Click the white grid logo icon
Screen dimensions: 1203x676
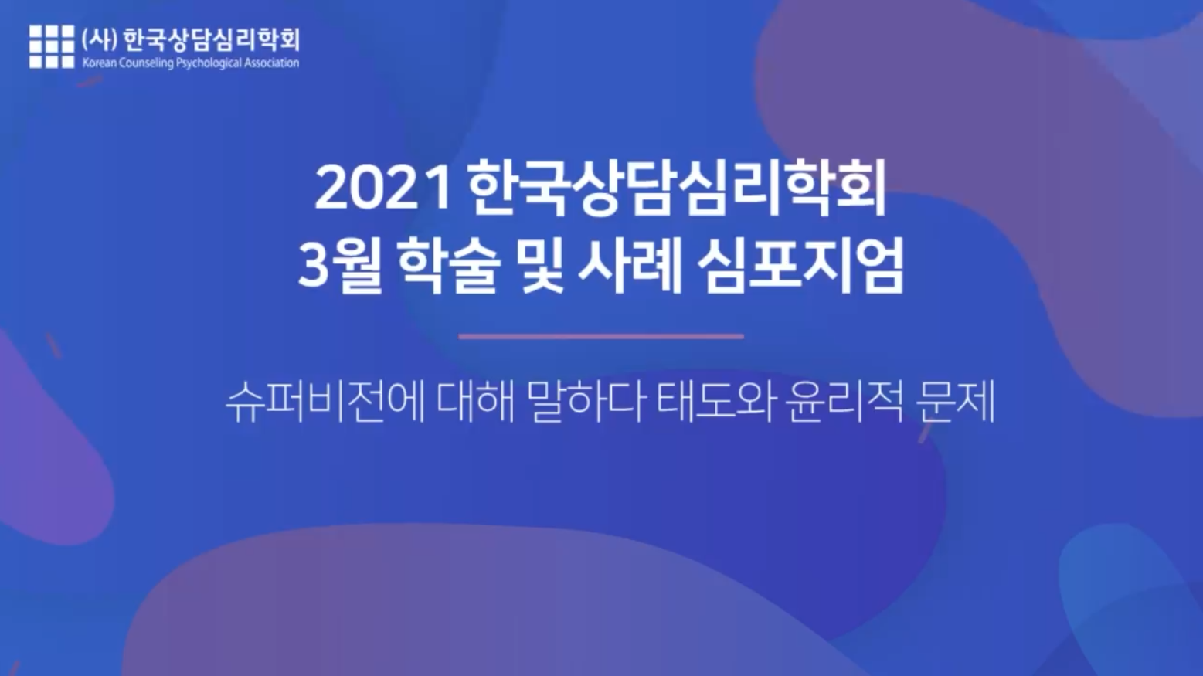pyautogui.click(x=52, y=46)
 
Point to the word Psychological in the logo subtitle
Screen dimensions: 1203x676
pyautogui.click(x=209, y=64)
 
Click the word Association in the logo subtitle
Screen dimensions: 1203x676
pyautogui.click(x=272, y=63)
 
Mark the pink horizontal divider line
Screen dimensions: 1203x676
pyautogui.click(x=601, y=337)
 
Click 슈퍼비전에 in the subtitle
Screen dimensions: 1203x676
pyautogui.click(x=325, y=403)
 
